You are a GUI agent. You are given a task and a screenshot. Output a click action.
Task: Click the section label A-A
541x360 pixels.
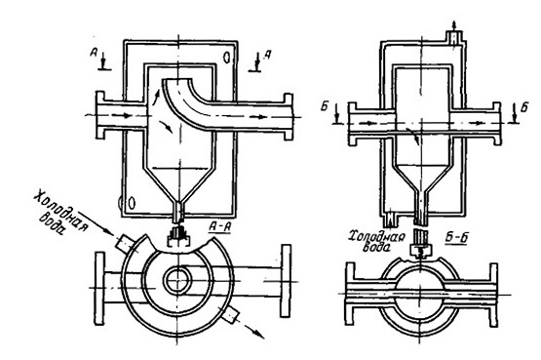click(219, 226)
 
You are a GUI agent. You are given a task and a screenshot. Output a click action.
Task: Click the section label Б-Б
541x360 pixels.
click(455, 237)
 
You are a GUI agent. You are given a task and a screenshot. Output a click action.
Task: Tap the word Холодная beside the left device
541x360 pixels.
click(61, 211)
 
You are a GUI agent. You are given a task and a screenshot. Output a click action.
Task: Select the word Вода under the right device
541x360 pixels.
click(378, 247)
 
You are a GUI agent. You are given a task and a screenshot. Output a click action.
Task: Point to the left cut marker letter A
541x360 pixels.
click(94, 52)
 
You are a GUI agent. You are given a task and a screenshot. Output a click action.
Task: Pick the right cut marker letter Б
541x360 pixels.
click(524, 107)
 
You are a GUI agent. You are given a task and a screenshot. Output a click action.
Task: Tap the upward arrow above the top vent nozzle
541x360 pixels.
click(454, 25)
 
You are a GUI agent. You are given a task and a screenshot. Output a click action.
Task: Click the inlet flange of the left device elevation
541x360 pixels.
click(99, 115)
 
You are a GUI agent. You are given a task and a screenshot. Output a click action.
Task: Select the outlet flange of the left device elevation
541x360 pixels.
click(289, 117)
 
